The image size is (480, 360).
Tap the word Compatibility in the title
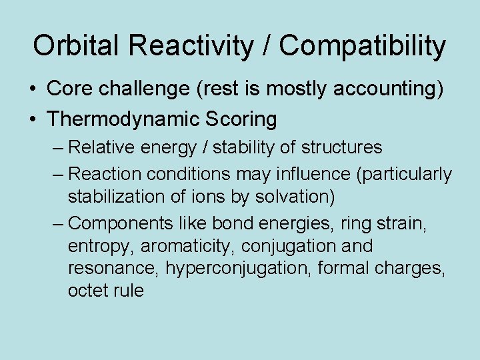(363, 46)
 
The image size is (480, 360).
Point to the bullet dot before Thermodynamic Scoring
(33, 119)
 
